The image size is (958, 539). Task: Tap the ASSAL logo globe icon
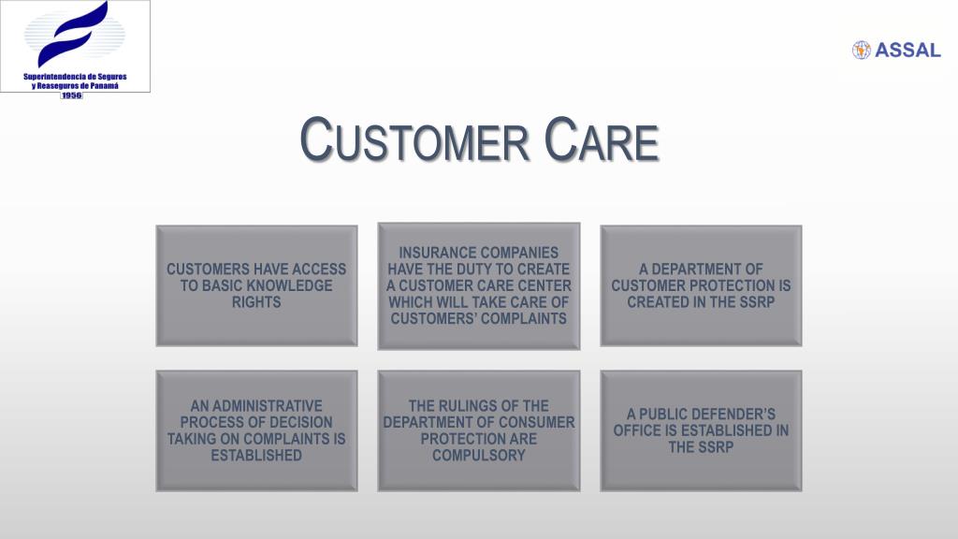pos(861,50)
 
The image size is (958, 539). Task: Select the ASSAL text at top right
pos(907,51)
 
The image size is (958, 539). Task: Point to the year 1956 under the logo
pos(72,95)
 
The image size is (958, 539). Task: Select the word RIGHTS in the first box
pos(256,302)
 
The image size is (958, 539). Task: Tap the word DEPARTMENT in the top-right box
pos(701,269)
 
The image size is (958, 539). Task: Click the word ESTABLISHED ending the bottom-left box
pos(256,456)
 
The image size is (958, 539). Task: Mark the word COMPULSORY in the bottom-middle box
pos(478,456)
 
